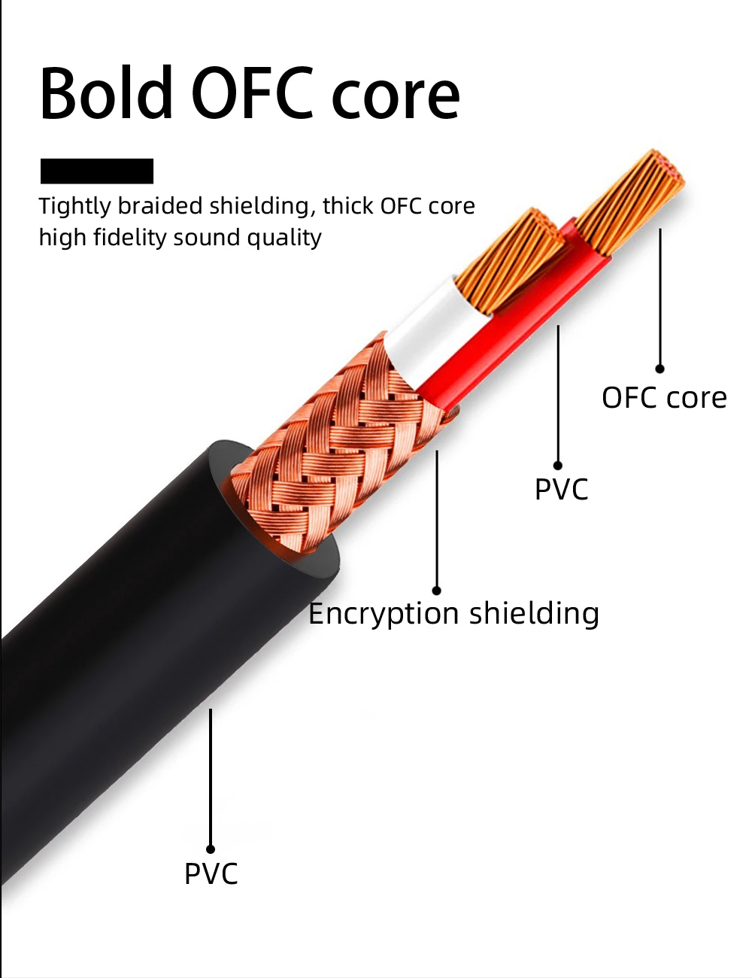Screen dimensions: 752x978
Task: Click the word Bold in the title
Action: point(106,93)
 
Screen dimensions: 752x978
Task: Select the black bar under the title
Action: point(97,171)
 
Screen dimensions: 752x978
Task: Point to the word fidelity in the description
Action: point(130,238)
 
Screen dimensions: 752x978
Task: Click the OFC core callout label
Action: point(664,397)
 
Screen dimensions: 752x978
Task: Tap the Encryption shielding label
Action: point(453,613)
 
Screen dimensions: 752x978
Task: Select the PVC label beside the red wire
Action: point(561,489)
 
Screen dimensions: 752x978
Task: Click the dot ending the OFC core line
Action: point(660,369)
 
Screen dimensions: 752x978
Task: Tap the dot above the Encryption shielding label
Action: point(436,591)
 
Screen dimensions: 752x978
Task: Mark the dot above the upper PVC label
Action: point(558,466)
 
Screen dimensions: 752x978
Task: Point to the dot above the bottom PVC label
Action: point(211,849)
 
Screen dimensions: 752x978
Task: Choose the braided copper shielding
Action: point(342,445)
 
